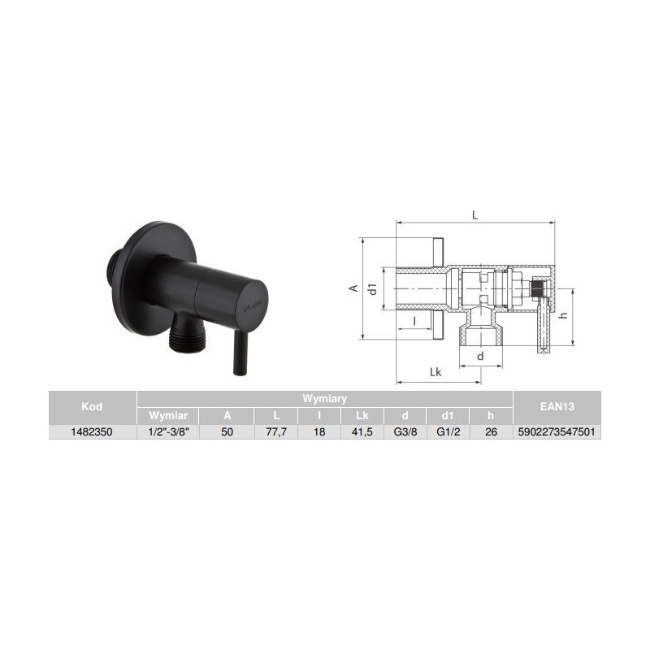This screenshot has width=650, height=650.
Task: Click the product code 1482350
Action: click(x=92, y=432)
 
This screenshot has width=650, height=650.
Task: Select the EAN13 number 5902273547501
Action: click(x=557, y=432)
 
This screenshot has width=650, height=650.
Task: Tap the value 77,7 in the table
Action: click(x=276, y=432)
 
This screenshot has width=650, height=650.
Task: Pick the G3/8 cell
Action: click(x=405, y=432)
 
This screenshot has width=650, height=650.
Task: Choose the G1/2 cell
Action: click(x=448, y=432)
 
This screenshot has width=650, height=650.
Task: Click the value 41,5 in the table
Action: click(x=362, y=432)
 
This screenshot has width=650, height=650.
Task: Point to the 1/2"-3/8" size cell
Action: click(x=168, y=432)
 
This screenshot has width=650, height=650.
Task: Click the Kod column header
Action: click(x=92, y=406)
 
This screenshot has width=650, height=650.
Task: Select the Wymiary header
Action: click(x=324, y=399)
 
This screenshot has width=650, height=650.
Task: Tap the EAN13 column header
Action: click(x=557, y=406)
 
